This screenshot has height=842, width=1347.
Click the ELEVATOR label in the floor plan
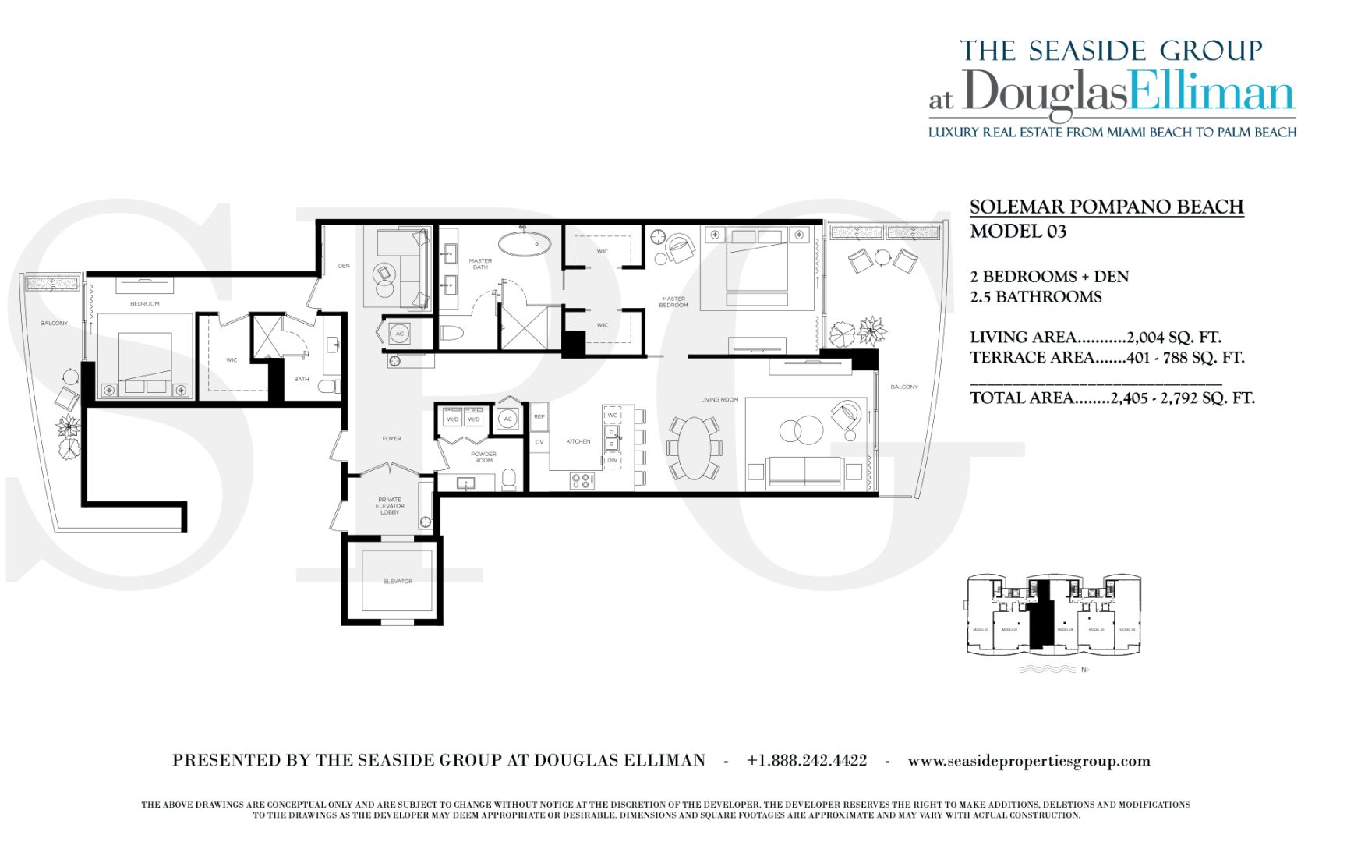point(398,582)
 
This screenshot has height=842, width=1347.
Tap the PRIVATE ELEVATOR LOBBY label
point(390,506)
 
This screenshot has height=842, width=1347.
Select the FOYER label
point(391,439)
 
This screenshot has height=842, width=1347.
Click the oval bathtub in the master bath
point(524,242)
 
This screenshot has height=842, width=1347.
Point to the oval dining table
point(694,448)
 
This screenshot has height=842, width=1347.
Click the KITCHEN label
point(578,442)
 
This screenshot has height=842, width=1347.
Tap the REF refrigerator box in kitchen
point(539,417)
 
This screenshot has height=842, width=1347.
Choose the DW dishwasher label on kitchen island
point(612,461)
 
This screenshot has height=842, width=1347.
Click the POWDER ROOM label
point(483,457)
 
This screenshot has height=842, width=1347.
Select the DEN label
point(344,266)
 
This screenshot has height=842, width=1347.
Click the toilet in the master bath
point(452,334)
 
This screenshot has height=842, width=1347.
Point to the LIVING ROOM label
point(719,400)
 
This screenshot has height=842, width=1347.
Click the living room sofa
point(804,472)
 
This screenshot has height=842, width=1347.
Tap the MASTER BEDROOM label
point(673,302)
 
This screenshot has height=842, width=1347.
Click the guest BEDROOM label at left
point(145,304)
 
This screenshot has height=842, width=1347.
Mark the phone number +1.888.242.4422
point(806,761)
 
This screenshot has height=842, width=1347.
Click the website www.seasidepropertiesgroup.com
point(1028,761)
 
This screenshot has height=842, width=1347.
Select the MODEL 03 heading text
point(1018,232)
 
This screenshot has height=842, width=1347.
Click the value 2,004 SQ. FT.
point(1174,338)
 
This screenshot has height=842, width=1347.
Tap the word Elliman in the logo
point(1212,94)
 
